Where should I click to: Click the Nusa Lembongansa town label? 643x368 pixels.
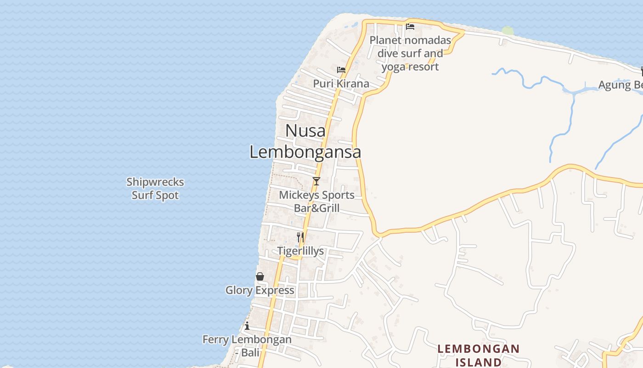click(305, 141)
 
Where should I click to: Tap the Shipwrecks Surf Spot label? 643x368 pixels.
click(155, 189)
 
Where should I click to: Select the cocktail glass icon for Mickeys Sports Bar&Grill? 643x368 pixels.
click(316, 181)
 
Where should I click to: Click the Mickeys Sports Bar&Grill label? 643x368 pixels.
click(317, 201)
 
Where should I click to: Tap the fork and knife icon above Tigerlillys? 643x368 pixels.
click(300, 237)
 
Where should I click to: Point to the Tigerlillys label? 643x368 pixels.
click(300, 251)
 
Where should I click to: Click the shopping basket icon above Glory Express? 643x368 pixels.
click(260, 276)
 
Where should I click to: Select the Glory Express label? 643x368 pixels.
click(260, 290)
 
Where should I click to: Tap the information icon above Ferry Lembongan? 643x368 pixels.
click(247, 326)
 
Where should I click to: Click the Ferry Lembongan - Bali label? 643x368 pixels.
click(247, 346)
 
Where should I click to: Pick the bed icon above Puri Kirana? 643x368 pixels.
click(341, 70)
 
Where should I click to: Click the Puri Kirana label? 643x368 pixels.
click(341, 84)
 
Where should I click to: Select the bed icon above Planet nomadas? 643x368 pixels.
click(410, 26)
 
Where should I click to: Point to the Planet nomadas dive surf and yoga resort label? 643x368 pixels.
click(410, 53)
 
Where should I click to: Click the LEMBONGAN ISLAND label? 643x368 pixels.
click(478, 355)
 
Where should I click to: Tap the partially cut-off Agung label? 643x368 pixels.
click(620, 85)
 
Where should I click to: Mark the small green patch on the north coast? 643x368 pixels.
click(508, 31)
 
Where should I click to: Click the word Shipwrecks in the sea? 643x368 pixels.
click(155, 182)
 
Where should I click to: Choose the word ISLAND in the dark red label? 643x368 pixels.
click(478, 362)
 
